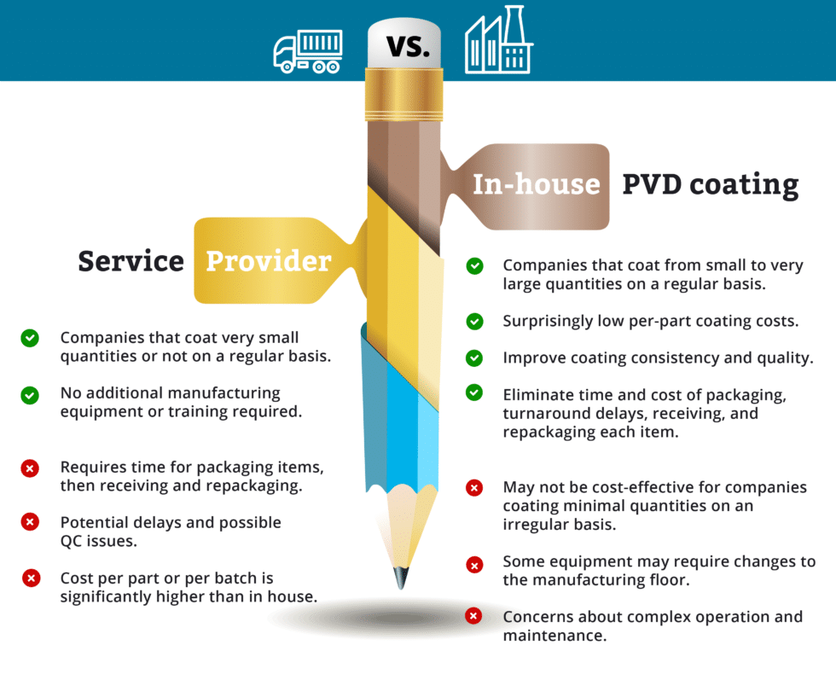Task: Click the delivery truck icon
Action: (x=307, y=50)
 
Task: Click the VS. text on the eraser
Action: (x=408, y=45)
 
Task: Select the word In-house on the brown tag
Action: (x=537, y=184)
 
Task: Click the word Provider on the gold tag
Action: (x=268, y=260)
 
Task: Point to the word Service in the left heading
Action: (x=131, y=260)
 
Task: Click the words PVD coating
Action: (x=710, y=184)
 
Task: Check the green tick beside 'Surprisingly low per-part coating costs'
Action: (x=474, y=322)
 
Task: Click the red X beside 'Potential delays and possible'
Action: (x=30, y=520)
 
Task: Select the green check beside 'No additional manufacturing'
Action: (x=30, y=395)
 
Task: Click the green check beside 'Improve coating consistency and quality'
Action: (x=474, y=358)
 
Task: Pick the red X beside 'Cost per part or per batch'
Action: (x=31, y=578)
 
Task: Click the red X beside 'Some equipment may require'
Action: (x=473, y=563)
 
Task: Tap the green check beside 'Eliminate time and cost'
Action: (x=474, y=392)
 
